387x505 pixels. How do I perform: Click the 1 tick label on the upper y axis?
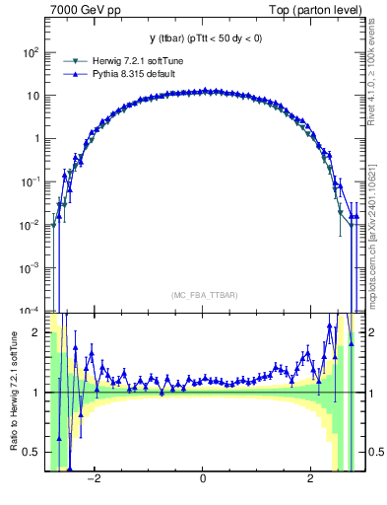(x=35, y=139)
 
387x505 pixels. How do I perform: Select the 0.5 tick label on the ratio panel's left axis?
(x=32, y=452)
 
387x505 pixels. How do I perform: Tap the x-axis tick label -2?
(x=95, y=480)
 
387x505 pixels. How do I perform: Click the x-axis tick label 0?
(x=202, y=480)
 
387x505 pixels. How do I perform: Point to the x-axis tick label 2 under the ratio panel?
(x=310, y=480)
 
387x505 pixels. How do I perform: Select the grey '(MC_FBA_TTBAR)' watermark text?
(x=202, y=295)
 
